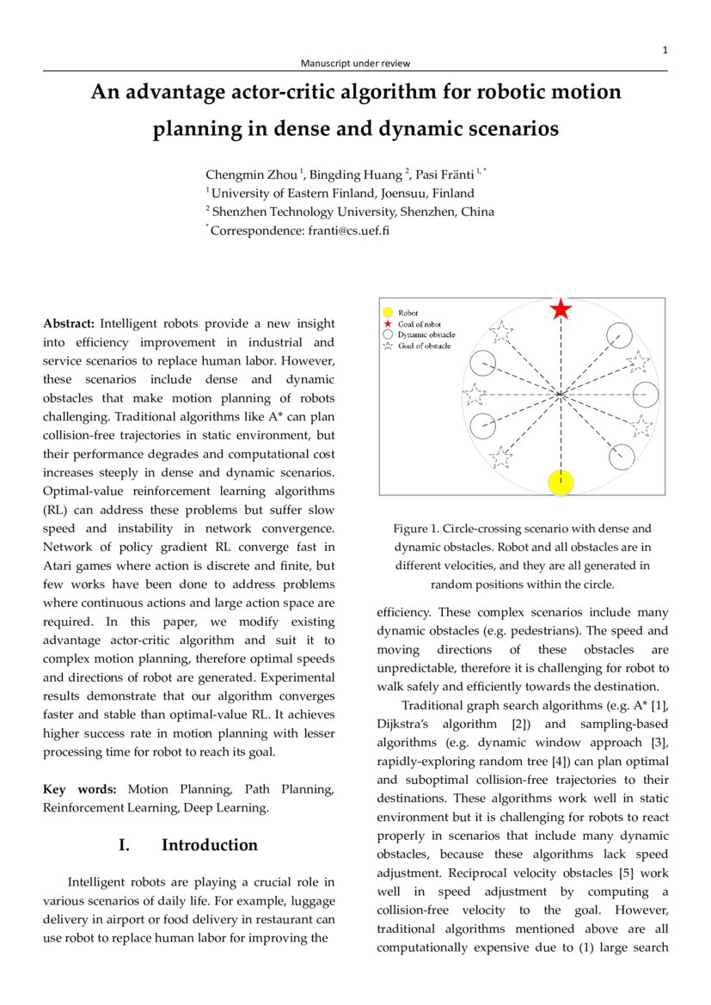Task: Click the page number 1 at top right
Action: [x=665, y=51]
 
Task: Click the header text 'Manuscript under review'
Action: [x=355, y=63]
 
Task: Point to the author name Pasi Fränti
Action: [x=447, y=175]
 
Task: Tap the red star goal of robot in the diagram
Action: [x=561, y=309]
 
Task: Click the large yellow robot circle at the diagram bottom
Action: [x=561, y=481]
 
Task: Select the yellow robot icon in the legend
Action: [x=388, y=313]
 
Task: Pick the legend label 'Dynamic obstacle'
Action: [x=426, y=334]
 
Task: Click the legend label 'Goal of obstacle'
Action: [x=424, y=346]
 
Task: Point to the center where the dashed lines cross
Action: [x=561, y=395]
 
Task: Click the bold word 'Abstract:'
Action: [x=69, y=324]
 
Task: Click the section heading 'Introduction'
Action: [x=209, y=845]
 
